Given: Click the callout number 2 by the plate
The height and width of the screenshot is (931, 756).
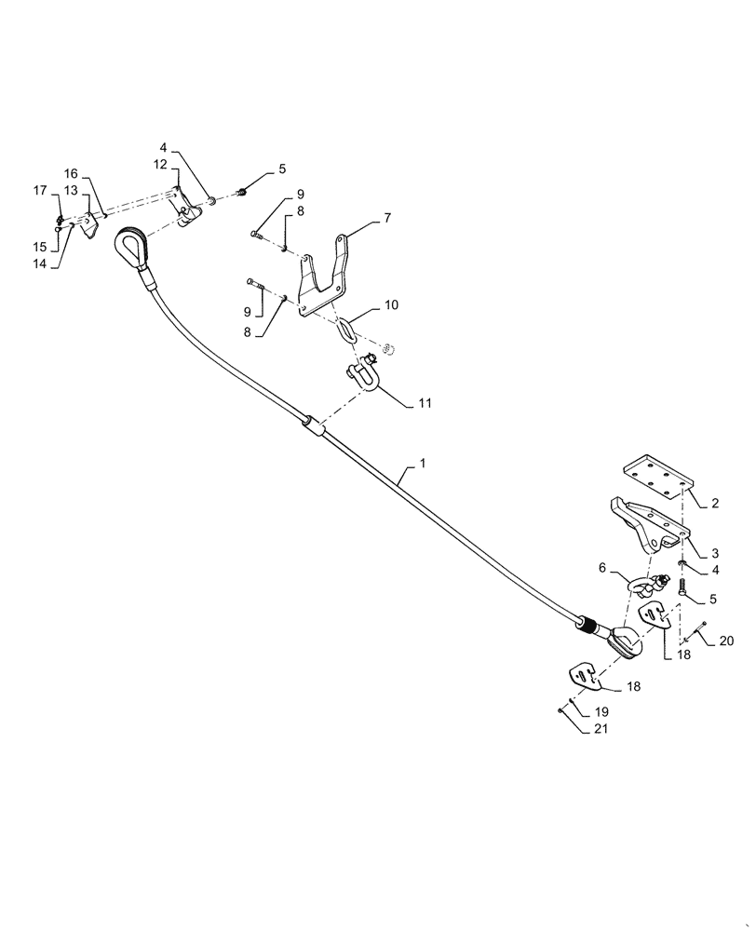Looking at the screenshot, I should (714, 503).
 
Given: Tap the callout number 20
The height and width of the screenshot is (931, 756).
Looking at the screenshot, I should (726, 641).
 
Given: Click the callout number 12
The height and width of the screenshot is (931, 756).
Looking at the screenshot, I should (160, 164).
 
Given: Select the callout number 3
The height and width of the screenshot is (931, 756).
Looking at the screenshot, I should (713, 553).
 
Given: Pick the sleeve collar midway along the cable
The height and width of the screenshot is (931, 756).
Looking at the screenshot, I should (314, 426).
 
